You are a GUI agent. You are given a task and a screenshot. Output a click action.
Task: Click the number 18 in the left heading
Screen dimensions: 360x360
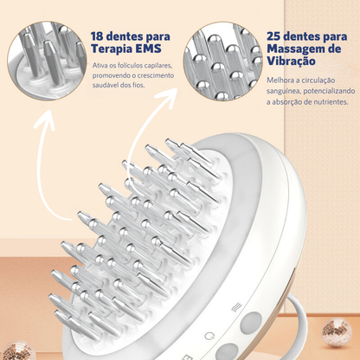click(97, 36)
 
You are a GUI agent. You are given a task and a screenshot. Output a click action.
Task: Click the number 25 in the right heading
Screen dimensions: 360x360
click(274, 36)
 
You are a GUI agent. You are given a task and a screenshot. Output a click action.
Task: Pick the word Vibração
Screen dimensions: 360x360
click(291, 61)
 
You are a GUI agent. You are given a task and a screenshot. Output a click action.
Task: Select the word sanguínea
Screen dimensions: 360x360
click(284, 92)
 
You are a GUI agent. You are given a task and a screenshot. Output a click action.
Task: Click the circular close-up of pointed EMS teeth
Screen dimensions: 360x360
click(47, 61)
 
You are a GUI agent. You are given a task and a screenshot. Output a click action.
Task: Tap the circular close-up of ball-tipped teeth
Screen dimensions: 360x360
click(222, 61)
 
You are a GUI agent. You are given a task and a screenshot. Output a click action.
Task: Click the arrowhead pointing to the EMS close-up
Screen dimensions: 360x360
click(45, 119)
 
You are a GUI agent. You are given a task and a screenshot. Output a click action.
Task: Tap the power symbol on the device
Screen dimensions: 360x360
click(209, 336)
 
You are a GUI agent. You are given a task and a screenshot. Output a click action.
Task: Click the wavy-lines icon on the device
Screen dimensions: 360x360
click(236, 307)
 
